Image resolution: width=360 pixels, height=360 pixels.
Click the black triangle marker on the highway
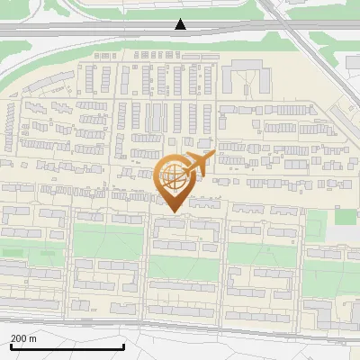[x=181, y=24]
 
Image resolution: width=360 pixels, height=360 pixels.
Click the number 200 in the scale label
[x=19, y=338]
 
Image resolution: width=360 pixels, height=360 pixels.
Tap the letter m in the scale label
[x=33, y=338]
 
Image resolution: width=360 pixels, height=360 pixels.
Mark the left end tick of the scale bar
[x=10, y=346]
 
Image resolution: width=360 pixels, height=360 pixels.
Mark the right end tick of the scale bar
[x=123, y=346]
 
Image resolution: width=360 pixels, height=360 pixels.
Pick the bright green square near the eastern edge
[x=346, y=216]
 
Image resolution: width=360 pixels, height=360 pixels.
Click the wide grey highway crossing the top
[x=90, y=30]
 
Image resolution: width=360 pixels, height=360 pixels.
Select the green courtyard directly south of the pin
[x=183, y=267]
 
